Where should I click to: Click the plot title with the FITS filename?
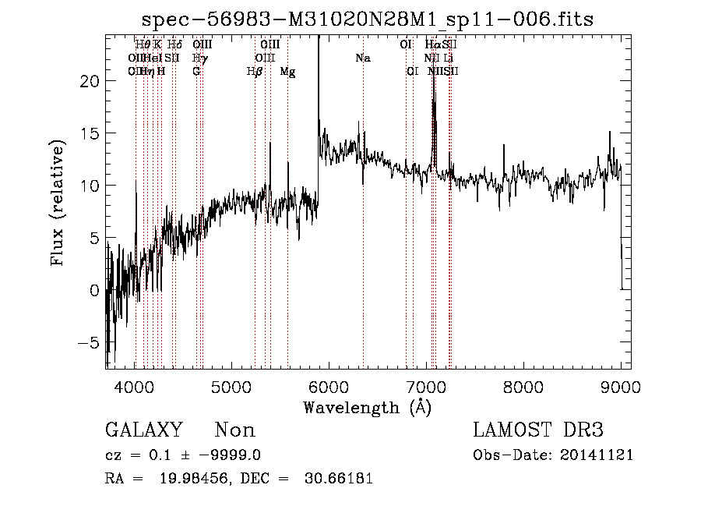click(368, 19)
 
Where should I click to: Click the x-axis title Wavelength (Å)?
click(367, 407)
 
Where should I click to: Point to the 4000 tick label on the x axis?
click(135, 387)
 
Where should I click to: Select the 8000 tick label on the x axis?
click(523, 387)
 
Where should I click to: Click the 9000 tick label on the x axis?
click(620, 387)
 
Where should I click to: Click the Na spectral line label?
click(362, 58)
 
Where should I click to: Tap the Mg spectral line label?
click(287, 72)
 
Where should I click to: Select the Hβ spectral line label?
click(254, 72)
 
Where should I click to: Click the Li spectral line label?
click(449, 58)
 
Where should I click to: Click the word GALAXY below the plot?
click(143, 430)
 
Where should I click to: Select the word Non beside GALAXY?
click(234, 430)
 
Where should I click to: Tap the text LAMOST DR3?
click(538, 430)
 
